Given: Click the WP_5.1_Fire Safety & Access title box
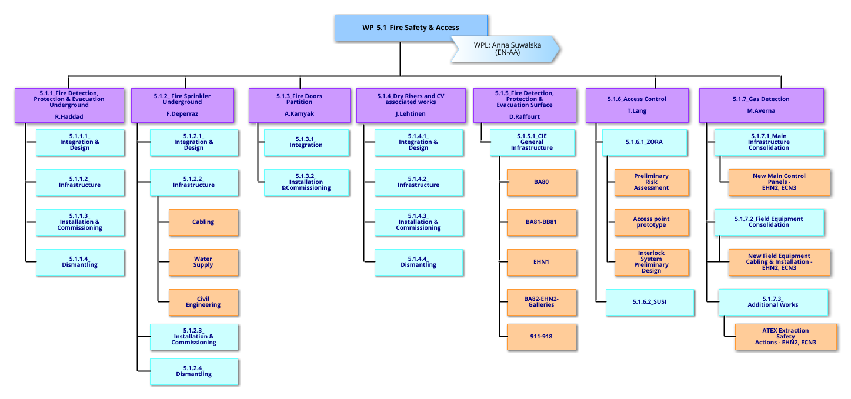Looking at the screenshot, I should (x=411, y=27).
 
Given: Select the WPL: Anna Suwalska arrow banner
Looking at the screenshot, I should (x=506, y=49).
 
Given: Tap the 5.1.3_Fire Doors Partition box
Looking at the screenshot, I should (x=299, y=105).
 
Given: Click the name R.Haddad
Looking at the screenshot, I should (x=69, y=116).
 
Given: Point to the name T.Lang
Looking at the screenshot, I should (x=636, y=111).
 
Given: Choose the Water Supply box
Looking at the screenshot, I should (x=203, y=262).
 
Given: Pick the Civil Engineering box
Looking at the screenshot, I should (x=203, y=302).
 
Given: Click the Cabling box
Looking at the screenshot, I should (x=203, y=222).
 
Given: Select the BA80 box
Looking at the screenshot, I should (x=541, y=182).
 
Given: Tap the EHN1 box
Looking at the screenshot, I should (x=541, y=262).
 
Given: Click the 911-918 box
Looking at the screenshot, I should (x=541, y=337).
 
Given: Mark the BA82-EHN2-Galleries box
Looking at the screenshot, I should (x=541, y=302).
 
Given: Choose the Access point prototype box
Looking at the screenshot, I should (x=651, y=222).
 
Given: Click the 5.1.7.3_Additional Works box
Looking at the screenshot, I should (x=773, y=302).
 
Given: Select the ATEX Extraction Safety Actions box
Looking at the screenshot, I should (x=785, y=337).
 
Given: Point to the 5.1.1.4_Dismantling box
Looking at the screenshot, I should (x=79, y=262).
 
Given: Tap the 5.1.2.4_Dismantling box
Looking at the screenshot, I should (x=193, y=371).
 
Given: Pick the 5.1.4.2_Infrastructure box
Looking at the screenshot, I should (x=418, y=182).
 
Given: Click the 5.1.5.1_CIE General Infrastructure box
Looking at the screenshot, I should (x=532, y=142).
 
